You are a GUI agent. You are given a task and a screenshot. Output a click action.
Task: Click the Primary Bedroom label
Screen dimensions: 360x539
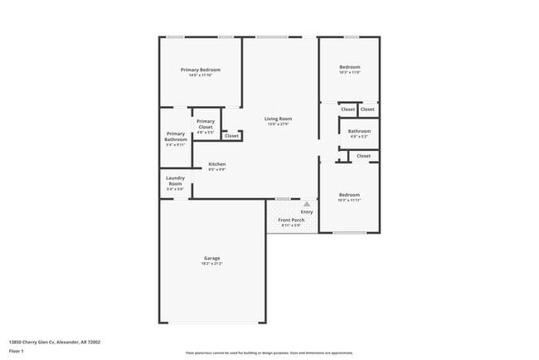click(200, 70)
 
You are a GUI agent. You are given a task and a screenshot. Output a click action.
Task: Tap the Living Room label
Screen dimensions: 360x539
click(278, 119)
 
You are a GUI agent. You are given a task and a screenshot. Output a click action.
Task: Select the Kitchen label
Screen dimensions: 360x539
click(217, 164)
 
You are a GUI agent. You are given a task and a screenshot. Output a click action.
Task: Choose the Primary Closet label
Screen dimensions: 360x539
click(206, 124)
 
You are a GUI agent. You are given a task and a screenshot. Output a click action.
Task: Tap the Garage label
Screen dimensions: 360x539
click(211, 257)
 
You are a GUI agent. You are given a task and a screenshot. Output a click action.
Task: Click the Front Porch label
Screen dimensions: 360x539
click(291, 220)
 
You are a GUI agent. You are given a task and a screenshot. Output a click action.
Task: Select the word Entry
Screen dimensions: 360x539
click(307, 212)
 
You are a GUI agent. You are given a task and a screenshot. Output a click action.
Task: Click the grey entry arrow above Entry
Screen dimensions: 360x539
click(307, 203)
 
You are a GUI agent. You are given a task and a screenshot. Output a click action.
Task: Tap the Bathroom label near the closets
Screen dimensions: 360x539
click(359, 131)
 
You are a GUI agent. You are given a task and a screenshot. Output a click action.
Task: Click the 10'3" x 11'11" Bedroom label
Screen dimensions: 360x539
click(349, 197)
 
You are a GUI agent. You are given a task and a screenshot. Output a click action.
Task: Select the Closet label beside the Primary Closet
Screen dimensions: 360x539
click(231, 135)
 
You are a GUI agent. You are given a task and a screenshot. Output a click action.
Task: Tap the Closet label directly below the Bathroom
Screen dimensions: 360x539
click(363, 156)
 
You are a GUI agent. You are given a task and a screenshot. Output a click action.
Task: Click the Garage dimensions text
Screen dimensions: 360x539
click(211, 263)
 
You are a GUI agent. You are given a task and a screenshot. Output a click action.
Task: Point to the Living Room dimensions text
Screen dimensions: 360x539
click(278, 124)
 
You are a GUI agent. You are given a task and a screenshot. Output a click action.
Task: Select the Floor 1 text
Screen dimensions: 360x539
click(15, 351)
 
